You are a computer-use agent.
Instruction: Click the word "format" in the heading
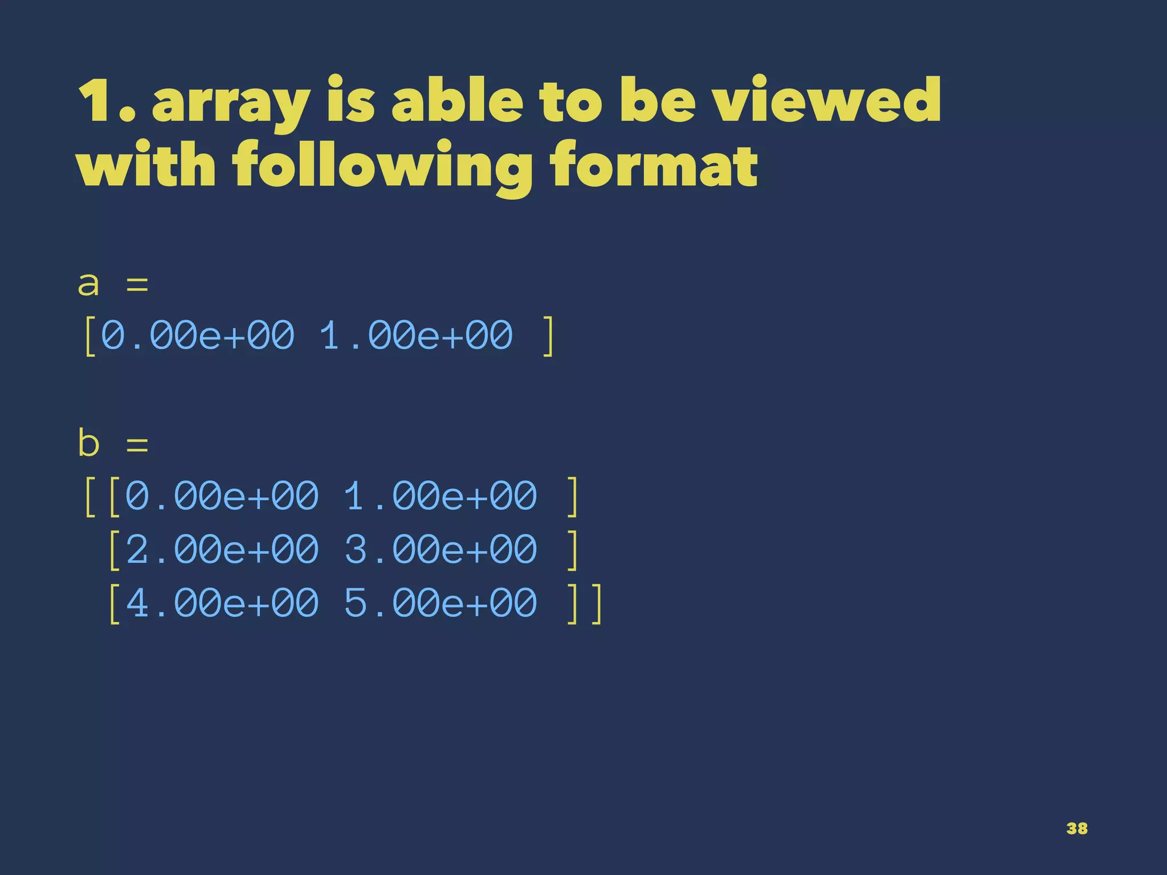click(653, 165)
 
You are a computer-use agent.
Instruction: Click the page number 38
click(1076, 828)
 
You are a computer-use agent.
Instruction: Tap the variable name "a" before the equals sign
click(89, 284)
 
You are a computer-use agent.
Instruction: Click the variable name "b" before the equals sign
click(89, 443)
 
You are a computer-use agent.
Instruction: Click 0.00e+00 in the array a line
click(198, 336)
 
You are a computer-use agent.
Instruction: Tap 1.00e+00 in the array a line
click(416, 336)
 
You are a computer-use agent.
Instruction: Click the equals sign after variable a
click(137, 284)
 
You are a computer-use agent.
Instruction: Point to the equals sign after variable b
click(137, 443)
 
